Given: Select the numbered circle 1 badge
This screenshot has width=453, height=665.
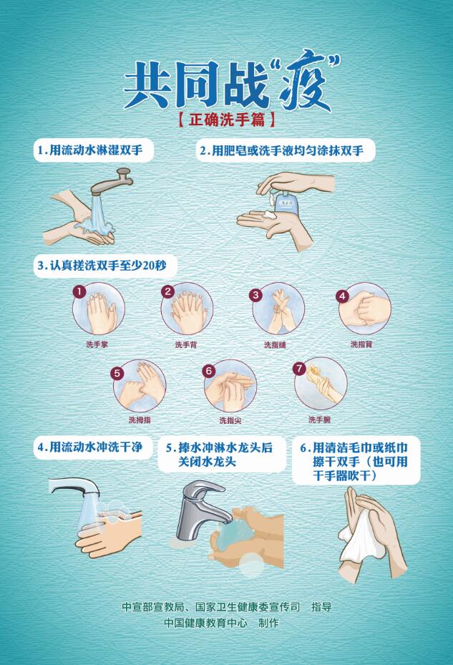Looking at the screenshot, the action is [x=79, y=291].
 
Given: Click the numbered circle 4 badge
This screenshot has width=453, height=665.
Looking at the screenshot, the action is [x=342, y=296].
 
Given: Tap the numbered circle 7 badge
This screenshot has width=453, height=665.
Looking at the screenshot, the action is [x=299, y=368].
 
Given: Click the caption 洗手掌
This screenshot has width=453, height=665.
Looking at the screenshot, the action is [x=97, y=344].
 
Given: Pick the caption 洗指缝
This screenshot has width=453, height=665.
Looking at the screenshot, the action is [x=275, y=345].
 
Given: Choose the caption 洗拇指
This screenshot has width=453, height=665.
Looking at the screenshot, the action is [x=140, y=420].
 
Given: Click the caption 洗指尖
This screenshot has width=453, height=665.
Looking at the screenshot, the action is [x=230, y=420].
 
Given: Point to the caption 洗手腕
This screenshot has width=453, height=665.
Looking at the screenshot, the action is [x=320, y=419].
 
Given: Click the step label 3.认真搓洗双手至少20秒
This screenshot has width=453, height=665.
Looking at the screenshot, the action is [x=102, y=266].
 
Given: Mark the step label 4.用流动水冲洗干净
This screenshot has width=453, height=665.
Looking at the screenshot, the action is [x=90, y=447].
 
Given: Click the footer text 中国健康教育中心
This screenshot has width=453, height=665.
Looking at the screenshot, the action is [x=206, y=623].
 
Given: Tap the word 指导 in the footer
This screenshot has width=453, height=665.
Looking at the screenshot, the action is [x=321, y=607].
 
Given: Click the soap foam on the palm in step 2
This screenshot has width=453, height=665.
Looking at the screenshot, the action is [x=268, y=214].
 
